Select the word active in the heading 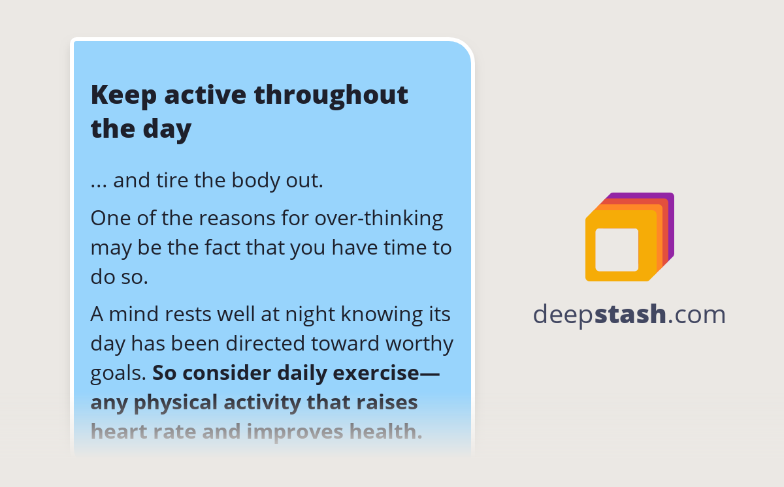pos(205,95)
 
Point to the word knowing pos(380,315)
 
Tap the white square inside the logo pos(617,249)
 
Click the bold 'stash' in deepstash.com pos(630,314)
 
